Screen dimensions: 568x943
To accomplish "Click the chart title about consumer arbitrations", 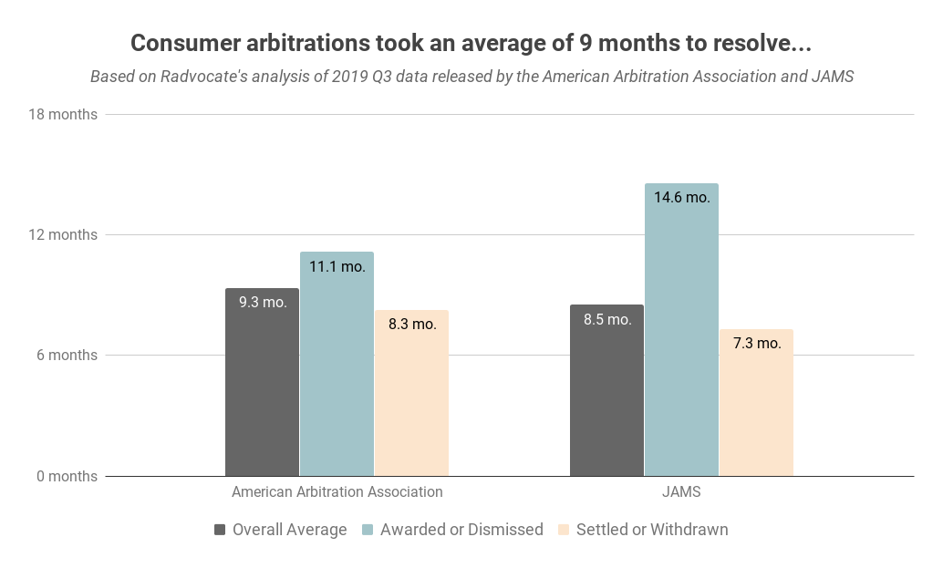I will point(471,43).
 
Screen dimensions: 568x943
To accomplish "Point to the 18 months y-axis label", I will point(60,115).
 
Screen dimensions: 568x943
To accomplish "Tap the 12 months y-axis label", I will point(60,235).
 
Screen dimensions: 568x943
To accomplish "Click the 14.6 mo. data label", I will point(681,197).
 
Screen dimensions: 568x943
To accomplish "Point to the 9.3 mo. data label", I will point(263,302).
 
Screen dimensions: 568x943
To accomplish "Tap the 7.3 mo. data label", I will point(756,344).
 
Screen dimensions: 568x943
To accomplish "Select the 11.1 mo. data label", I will point(337,266).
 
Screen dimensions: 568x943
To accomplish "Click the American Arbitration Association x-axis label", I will point(337,492).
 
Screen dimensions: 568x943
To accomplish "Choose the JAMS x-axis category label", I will point(681,492).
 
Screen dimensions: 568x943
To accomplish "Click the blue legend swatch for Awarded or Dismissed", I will point(368,530).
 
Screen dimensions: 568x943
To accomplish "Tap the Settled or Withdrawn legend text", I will point(652,530).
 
